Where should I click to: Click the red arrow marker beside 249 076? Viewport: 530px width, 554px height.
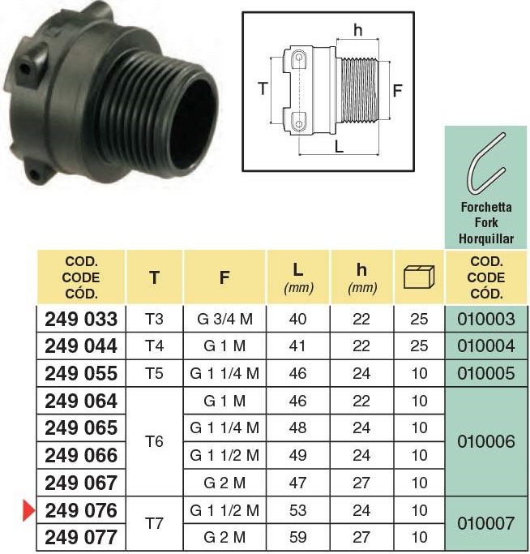tap(28, 510)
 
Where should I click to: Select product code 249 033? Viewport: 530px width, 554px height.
tap(81, 319)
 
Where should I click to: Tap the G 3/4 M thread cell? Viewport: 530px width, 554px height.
tap(225, 319)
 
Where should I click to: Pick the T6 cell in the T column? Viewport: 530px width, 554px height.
tap(154, 441)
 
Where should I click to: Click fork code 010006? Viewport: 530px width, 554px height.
tap(486, 441)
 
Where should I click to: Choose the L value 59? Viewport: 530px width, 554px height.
tap(297, 538)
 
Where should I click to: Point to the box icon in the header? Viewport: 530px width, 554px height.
tap(419, 277)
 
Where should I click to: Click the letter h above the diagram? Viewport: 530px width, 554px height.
tap(358, 30)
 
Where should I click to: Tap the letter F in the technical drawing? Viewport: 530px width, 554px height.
tap(398, 91)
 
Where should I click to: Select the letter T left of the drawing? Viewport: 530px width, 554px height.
tap(263, 88)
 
